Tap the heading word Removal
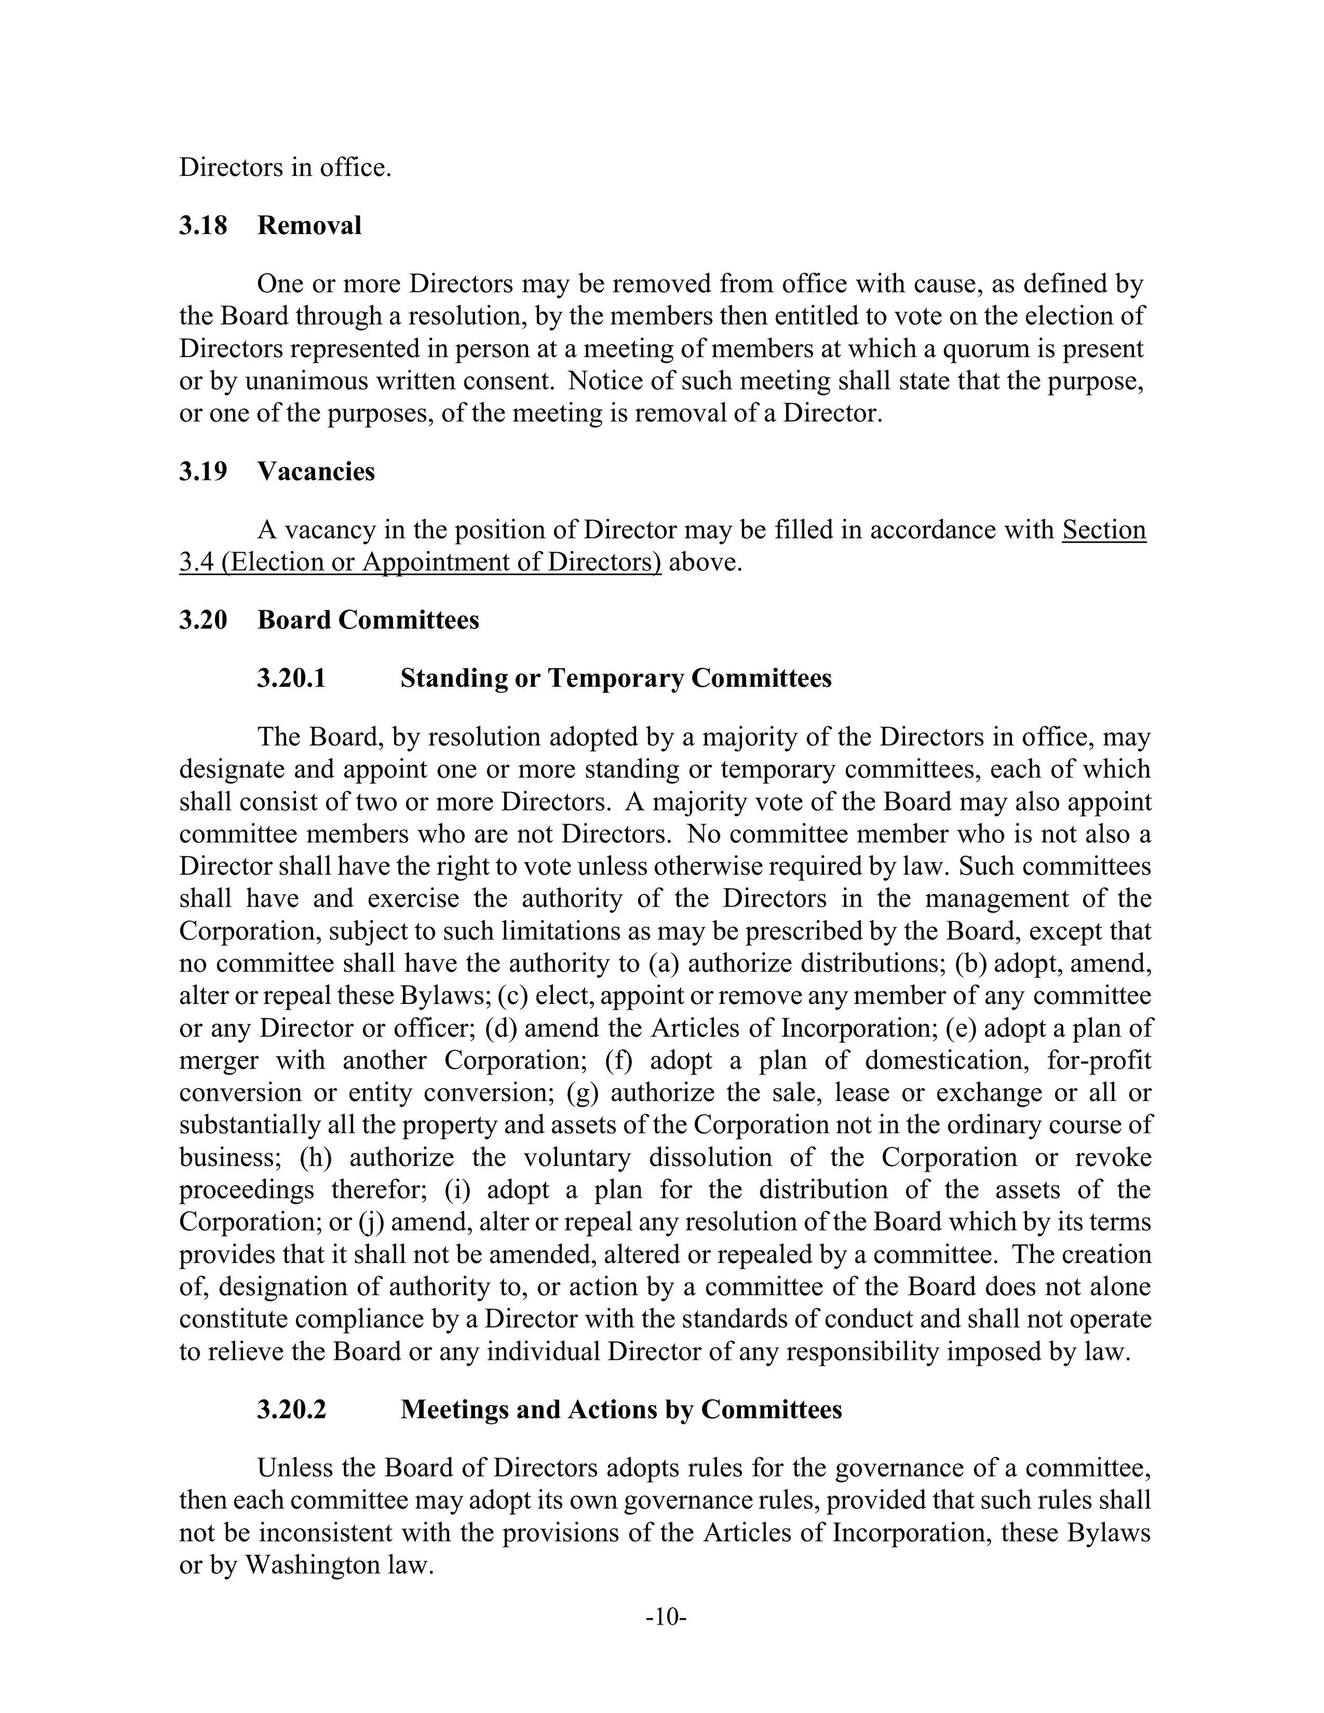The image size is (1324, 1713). click(309, 226)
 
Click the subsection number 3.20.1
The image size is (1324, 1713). click(291, 678)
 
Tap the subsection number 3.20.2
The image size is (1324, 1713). click(291, 1410)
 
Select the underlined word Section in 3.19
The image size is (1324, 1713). click(1104, 530)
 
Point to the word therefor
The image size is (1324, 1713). click(379, 1190)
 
